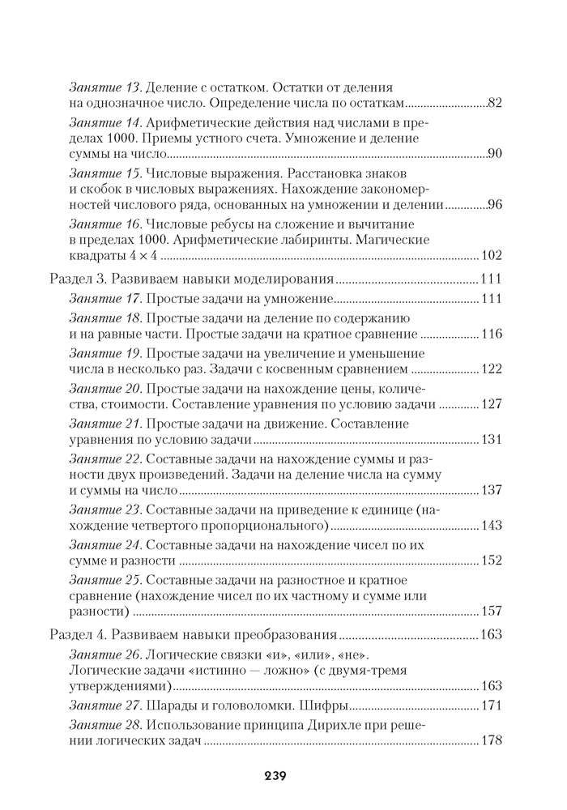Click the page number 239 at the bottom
pyautogui.click(x=275, y=775)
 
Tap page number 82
pyautogui.click(x=496, y=103)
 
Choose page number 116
pyautogui.click(x=492, y=334)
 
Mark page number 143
pyautogui.click(x=492, y=525)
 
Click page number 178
pyautogui.click(x=492, y=740)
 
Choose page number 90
pyautogui.click(x=496, y=153)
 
